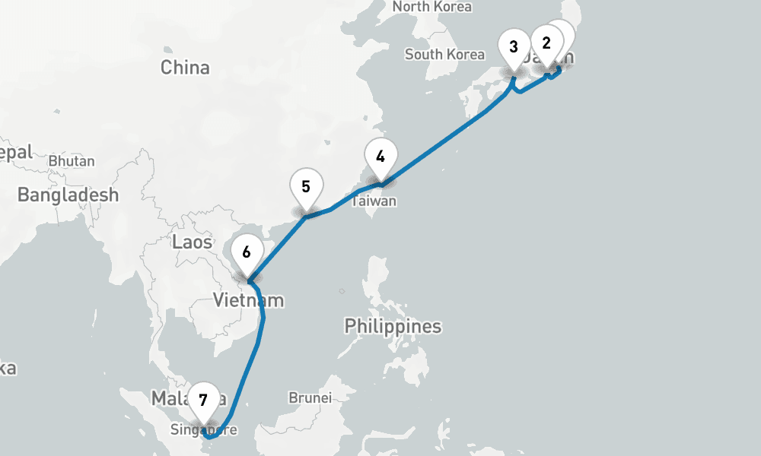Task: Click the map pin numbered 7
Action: coord(203,401)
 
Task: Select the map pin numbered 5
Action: coord(306,187)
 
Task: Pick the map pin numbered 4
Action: coord(380,157)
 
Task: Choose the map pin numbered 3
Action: coord(514,47)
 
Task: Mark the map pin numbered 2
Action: coord(546,43)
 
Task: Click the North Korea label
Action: coord(431,7)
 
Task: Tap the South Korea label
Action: coord(444,54)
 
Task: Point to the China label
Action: coord(185,68)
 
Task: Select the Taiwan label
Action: coord(374,202)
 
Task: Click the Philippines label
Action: coord(393,327)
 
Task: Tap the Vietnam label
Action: coord(248,300)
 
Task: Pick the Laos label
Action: coord(193,242)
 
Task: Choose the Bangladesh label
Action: coord(68,195)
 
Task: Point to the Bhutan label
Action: coord(72,161)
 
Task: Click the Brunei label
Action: coord(310,397)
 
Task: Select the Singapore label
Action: coord(204,430)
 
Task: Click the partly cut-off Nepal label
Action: coord(15,152)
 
